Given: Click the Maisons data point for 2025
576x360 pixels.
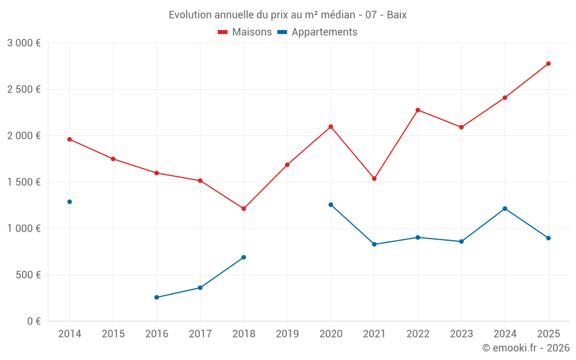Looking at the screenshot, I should click(548, 63).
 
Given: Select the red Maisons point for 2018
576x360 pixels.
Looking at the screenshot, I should click(244, 209).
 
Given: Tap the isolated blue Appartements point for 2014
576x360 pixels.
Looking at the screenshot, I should click(70, 202).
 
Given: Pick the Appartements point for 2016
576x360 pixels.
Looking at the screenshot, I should click(157, 297).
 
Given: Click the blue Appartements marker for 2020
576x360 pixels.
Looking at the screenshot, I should click(331, 204).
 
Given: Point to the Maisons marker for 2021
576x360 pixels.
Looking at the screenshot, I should click(374, 179).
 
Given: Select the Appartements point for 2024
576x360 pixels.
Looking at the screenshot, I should click(505, 209).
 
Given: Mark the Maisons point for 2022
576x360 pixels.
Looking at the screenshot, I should click(418, 110).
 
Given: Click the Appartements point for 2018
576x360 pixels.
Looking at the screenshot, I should click(244, 257).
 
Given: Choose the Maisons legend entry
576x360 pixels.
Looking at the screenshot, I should click(245, 32).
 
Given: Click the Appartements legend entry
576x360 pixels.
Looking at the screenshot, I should click(317, 32).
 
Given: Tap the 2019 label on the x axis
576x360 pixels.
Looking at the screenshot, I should click(287, 334).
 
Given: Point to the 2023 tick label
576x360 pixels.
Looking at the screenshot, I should click(461, 334).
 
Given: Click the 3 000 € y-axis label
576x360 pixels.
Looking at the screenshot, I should click(24, 43).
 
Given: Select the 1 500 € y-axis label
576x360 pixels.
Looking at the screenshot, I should click(24, 182).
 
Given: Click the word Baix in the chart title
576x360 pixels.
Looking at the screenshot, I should click(397, 15).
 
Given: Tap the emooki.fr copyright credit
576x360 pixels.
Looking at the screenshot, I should click(525, 348).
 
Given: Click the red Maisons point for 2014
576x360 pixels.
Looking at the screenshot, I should click(70, 139).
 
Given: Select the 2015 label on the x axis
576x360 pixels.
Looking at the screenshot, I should click(113, 334).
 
